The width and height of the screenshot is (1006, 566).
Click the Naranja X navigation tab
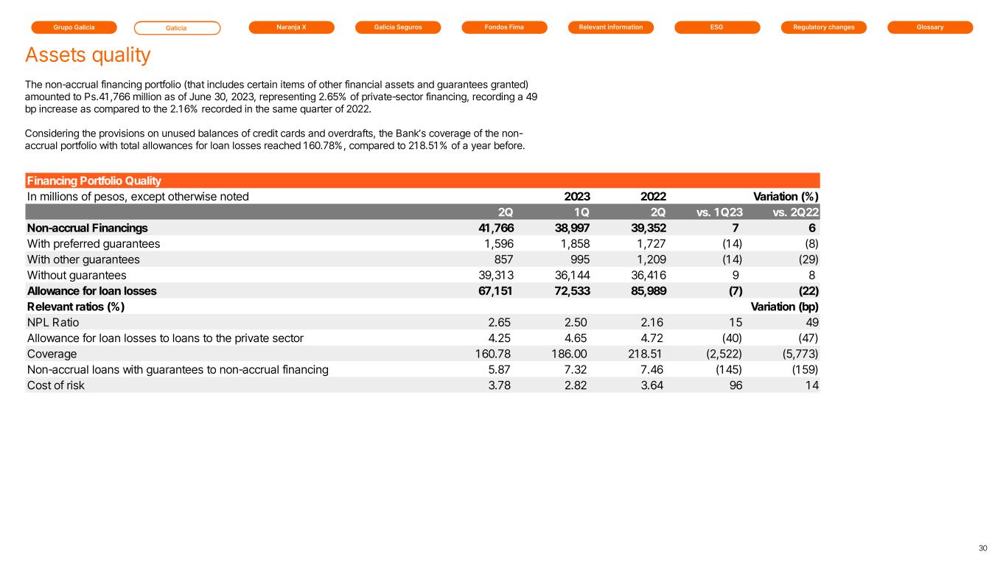pos(292,27)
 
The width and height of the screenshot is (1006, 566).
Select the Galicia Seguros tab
pos(398,27)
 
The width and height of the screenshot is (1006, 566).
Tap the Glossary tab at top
pos(930,27)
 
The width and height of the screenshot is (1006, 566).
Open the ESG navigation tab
pos(717,27)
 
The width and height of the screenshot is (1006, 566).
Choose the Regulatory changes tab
pos(824,27)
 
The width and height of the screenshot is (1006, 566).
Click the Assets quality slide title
pos(88,55)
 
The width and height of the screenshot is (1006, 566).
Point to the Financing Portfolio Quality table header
pos(94,181)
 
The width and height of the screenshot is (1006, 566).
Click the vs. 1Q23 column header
pos(719,212)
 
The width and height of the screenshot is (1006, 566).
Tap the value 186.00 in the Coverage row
pos(569,354)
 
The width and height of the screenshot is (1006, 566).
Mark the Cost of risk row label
pos(56,385)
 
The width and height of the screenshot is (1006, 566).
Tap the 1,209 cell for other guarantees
pos(652,259)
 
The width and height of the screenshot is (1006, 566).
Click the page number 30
pos(982,548)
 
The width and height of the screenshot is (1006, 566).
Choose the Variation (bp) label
pos(784,307)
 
